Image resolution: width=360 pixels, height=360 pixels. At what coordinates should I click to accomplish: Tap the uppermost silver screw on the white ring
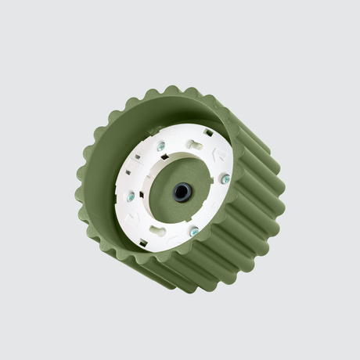[161, 146]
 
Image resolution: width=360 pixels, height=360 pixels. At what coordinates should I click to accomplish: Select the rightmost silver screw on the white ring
[225, 179]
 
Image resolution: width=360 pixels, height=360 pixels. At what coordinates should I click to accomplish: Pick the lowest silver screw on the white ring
[194, 232]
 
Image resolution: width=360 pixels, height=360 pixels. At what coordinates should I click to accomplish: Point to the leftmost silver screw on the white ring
[131, 196]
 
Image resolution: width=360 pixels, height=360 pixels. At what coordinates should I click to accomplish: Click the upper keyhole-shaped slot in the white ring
[196, 144]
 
